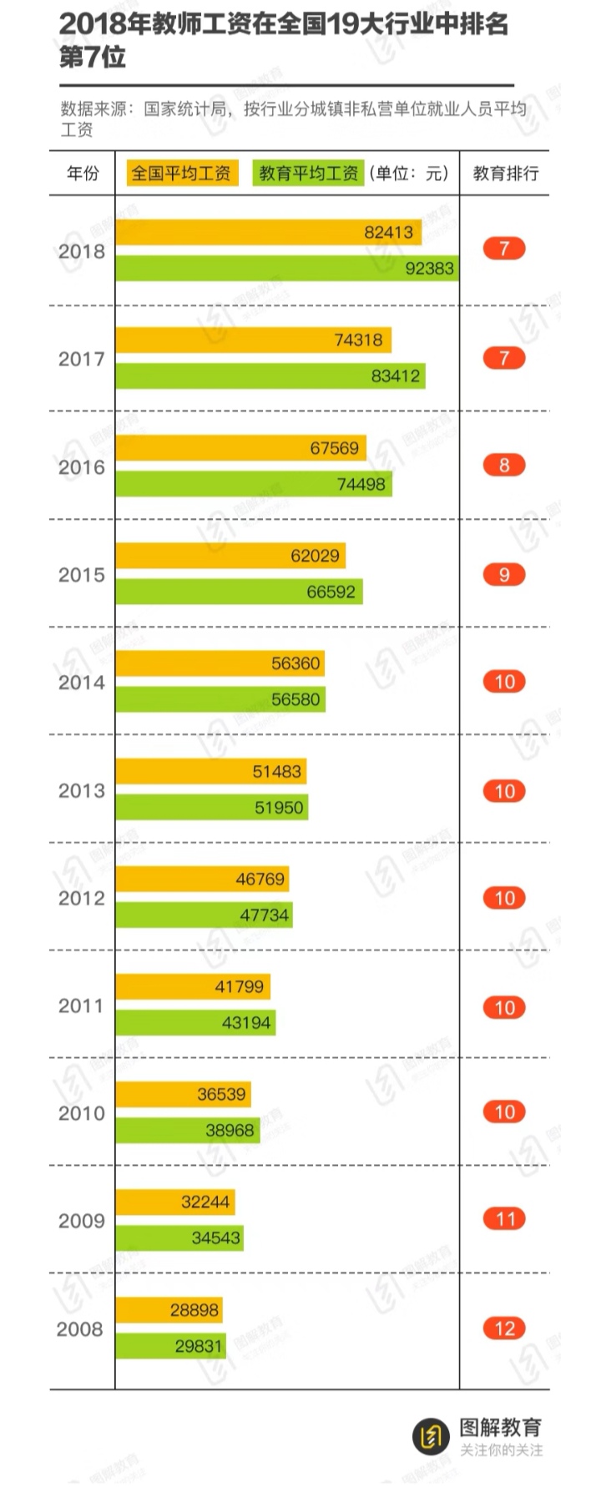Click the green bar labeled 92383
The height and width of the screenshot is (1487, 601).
click(x=286, y=268)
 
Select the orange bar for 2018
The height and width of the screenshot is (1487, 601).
click(x=268, y=232)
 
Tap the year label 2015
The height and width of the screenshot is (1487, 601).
click(x=81, y=575)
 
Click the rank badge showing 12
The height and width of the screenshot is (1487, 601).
click(x=504, y=1328)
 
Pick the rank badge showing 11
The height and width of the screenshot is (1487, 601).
click(x=504, y=1219)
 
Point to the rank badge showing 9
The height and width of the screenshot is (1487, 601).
click(x=504, y=574)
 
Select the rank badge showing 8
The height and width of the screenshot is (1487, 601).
click(x=504, y=465)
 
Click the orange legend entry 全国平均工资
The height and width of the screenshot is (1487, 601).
click(x=181, y=173)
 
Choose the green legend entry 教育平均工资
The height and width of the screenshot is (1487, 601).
click(x=308, y=173)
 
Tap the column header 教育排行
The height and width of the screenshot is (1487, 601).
click(x=505, y=174)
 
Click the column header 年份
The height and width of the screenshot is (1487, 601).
click(x=82, y=174)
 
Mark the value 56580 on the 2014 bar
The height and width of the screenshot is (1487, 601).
click(x=295, y=699)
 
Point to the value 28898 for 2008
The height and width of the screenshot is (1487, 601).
click(x=194, y=1310)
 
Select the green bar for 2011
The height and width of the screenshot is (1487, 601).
click(x=195, y=1022)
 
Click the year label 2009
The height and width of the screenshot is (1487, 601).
click(x=81, y=1221)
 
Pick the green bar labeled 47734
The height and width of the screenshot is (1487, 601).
click(x=204, y=915)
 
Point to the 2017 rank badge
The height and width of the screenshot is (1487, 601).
click(x=504, y=358)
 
